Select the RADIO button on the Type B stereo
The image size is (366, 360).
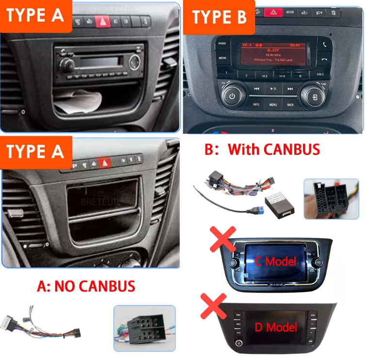[x=223, y=44]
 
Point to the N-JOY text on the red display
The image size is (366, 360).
[x=271, y=49]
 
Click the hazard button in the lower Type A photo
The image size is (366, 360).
[x=103, y=163]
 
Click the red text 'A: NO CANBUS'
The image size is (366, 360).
[x=86, y=286]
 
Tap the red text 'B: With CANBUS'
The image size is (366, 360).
[x=262, y=149]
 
